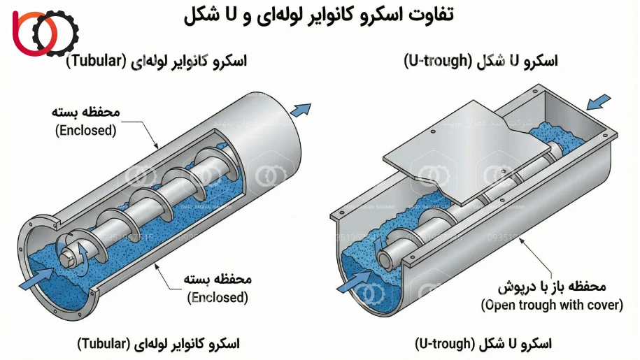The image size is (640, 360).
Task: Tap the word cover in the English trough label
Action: pos(605,305)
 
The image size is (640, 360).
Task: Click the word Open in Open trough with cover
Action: pos(499,305)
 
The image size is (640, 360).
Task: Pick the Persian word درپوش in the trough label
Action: pos(516,287)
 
